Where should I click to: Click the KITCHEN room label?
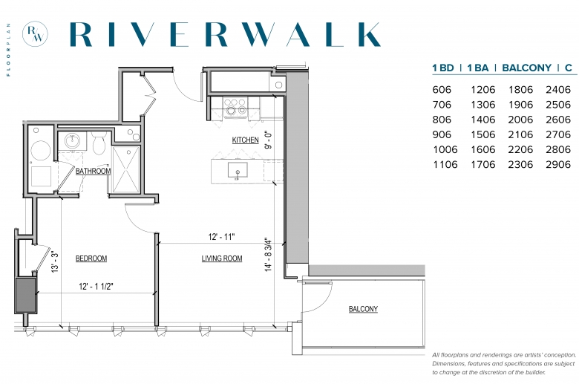(245, 140)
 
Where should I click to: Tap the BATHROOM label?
(93, 171)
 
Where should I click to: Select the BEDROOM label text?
(91, 258)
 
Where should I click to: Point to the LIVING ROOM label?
(222, 258)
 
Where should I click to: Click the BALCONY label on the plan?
(363, 309)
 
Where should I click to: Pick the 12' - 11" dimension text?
(221, 237)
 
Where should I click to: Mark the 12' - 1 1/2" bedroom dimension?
(96, 287)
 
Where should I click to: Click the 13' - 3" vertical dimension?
(55, 262)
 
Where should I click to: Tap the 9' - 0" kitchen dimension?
(269, 140)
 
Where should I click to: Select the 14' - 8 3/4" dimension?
(269, 255)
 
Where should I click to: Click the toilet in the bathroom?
(99, 143)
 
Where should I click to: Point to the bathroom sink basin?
(72, 141)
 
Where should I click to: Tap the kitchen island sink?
(238, 170)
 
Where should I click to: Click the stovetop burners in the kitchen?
(236, 106)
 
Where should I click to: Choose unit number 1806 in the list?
(520, 90)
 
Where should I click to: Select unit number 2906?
(558, 164)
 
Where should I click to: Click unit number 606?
(442, 90)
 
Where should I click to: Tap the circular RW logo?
(35, 34)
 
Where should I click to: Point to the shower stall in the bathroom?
(126, 169)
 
